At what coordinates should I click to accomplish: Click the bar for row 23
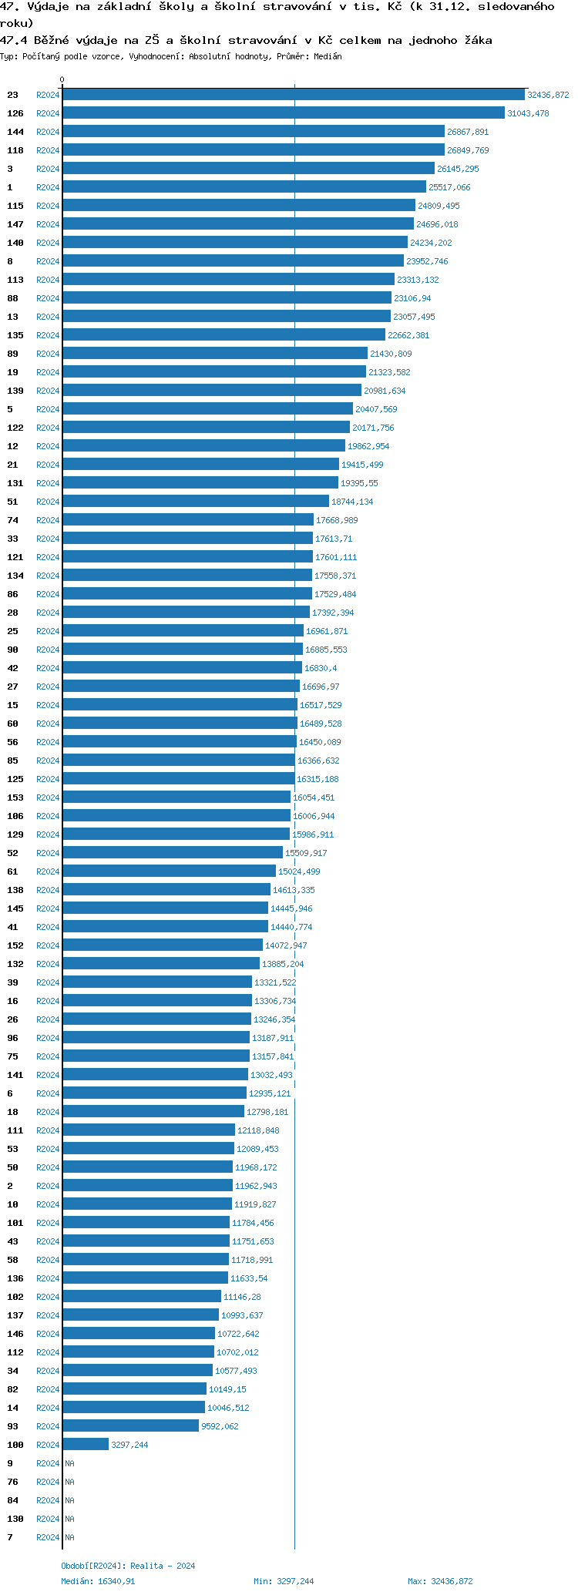point(294,95)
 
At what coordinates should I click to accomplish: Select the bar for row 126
point(284,113)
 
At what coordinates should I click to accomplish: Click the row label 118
point(15,150)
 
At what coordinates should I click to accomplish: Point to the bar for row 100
point(86,1445)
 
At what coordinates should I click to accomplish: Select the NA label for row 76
point(69,1482)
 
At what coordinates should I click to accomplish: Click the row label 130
point(15,1519)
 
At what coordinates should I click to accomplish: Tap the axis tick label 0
point(62,80)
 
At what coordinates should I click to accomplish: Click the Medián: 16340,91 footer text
point(98,1581)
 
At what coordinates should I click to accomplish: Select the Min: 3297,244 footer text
point(284,1581)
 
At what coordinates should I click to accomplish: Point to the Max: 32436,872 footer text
point(440,1581)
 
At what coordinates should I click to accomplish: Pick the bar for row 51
point(196,502)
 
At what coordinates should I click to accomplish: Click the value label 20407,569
point(376,409)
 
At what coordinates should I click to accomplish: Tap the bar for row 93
point(131,1426)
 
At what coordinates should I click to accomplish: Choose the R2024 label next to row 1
point(48,187)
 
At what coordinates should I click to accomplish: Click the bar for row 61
point(170,871)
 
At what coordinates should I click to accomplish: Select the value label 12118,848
point(258,1130)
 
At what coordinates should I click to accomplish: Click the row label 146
point(15,1334)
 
